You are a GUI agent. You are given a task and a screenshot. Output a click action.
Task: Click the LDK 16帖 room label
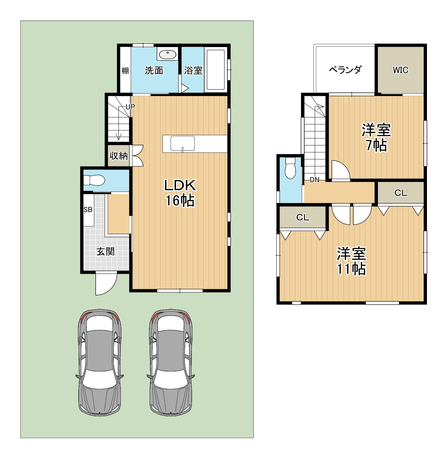coord(180,193)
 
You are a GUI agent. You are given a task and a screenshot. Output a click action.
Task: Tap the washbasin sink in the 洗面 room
coord(167,55)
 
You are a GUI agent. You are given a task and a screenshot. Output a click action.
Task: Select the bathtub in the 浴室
coord(215,69)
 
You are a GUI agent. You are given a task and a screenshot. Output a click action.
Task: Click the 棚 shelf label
coord(125,70)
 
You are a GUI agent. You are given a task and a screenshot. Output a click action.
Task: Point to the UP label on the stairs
coord(130,107)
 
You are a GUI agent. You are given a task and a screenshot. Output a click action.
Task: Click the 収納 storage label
coord(118,156)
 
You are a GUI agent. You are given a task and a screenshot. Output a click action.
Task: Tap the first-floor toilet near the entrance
coord(94,180)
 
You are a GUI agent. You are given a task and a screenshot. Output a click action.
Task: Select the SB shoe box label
coord(88,210)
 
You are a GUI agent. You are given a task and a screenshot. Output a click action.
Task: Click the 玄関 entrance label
coord(105,252)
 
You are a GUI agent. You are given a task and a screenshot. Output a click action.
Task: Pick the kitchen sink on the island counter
coord(183,143)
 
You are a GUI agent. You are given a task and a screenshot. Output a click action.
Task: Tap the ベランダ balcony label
coord(345,70)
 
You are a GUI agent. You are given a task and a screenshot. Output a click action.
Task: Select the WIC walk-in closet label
coord(400,70)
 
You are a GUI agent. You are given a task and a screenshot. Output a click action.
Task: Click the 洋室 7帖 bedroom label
coord(376,137)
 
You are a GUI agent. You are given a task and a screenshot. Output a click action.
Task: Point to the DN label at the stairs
coord(314,180)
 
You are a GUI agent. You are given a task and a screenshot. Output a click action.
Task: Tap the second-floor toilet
coord(290,168)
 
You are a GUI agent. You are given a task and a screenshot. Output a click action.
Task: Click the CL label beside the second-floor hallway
coord(401,193)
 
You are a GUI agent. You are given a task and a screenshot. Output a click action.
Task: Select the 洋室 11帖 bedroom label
coord(351,261)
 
